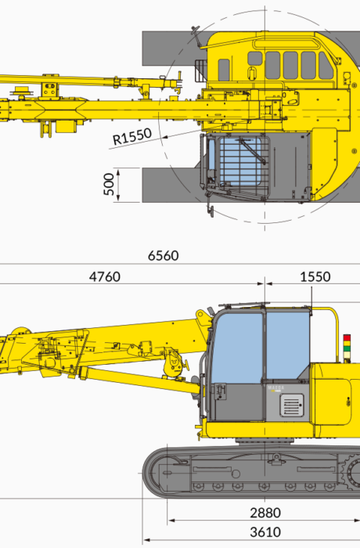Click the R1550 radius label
pyautogui.click(x=132, y=136)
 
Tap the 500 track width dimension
pyautogui.click(x=109, y=184)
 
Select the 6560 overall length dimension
pyautogui.click(x=164, y=256)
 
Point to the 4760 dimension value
pyautogui.click(x=105, y=277)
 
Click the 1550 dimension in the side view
pyautogui.click(x=315, y=277)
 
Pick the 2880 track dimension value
pyautogui.click(x=265, y=513)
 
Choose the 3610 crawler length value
pyautogui.click(x=265, y=532)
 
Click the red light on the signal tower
pyautogui.click(x=347, y=337)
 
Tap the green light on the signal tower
pyautogui.click(x=347, y=348)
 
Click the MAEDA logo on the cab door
pyautogui.click(x=276, y=388)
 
